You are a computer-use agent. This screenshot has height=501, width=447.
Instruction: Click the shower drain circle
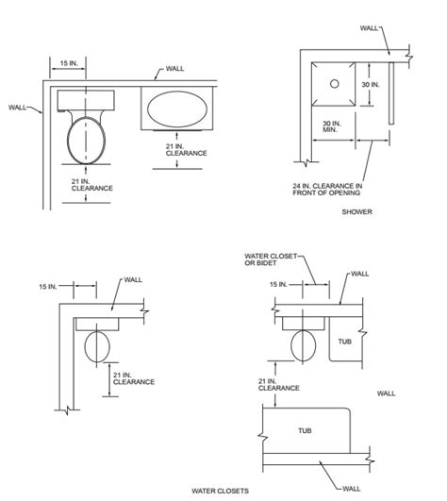pos(334,84)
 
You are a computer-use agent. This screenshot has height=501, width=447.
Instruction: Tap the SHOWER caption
pos(357,212)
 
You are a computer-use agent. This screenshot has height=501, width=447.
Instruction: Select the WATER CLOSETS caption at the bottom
pos(221,491)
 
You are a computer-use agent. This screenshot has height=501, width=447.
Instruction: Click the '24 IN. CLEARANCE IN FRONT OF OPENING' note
pos(327,189)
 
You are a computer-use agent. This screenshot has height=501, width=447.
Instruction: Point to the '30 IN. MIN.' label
pos(332,126)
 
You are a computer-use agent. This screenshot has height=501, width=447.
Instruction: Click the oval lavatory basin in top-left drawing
pos(176,109)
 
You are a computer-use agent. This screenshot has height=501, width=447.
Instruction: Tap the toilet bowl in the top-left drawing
pos(86,141)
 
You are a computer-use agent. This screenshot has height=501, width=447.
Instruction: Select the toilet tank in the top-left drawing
pos(86,100)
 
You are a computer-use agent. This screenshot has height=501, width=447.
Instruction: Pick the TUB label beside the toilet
pos(345,342)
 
